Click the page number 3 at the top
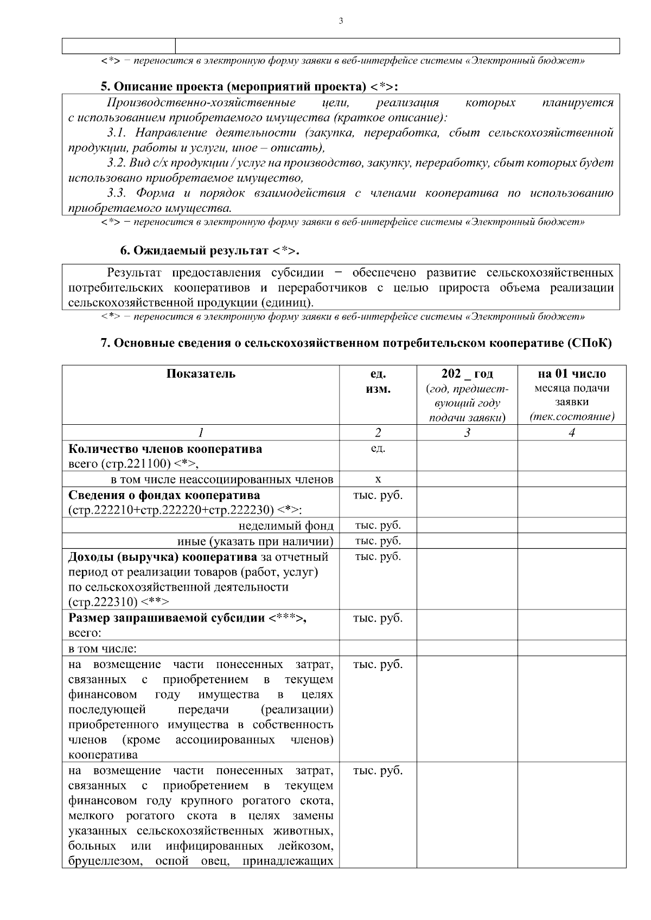click(341, 21)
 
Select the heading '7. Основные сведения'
click(356, 343)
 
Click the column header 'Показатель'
click(201, 374)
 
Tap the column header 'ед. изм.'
click(378, 381)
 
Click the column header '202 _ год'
click(467, 374)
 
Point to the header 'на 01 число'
click(571, 374)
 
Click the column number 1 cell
click(201, 432)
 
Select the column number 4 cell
click(571, 432)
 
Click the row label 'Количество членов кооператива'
click(165, 449)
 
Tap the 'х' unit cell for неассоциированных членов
click(378, 480)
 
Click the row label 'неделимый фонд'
click(286, 526)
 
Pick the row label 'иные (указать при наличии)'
click(255, 541)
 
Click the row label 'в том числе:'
click(102, 649)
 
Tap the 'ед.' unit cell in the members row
click(378, 449)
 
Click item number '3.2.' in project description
click(116, 163)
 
